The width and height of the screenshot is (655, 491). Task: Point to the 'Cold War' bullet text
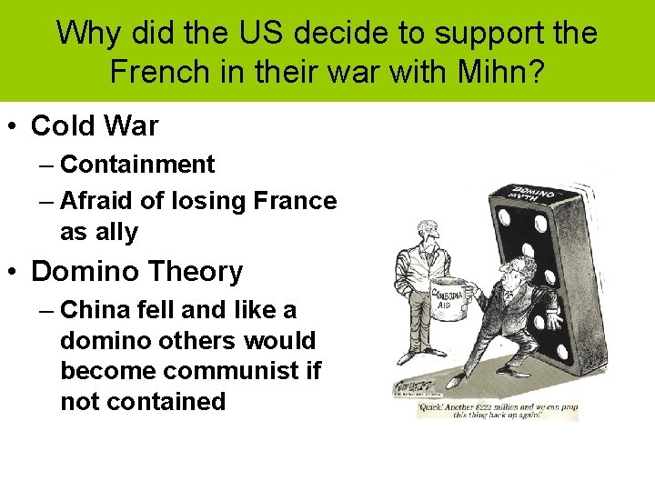95,125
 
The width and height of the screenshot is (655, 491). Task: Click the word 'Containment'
137,165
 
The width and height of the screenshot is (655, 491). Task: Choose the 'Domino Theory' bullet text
137,271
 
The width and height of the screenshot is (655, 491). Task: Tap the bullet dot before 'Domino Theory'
14,272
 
